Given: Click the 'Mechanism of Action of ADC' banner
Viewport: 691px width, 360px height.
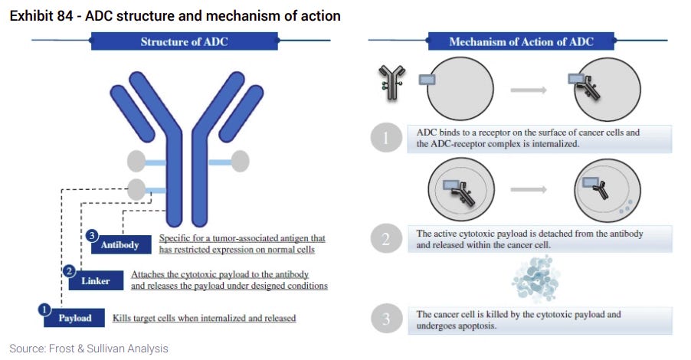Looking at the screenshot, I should pos(521,41).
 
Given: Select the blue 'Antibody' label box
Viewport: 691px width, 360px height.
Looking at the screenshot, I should pos(120,245).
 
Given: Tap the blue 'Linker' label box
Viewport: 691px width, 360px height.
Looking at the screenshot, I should pos(95,281).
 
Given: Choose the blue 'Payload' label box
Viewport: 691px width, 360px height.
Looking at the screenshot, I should pos(74,318).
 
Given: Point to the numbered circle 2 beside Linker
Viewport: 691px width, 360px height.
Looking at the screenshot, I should pos(69,270).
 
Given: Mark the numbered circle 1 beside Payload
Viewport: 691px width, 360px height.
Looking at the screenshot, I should pos(44,308).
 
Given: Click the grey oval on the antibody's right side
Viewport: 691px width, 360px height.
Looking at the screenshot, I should pos(240,161).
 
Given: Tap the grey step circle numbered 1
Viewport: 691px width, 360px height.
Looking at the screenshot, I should pos(386,139).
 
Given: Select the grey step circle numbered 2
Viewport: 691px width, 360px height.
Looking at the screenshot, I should pos(386,239).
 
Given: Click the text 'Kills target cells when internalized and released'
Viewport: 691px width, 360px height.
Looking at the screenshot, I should pos(204,318).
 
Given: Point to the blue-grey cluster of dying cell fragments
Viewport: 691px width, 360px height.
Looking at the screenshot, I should pos(537,280).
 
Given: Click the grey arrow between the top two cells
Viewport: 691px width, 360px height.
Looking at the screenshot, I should pos(529,90).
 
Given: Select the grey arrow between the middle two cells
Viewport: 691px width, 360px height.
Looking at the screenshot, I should pos(529,188).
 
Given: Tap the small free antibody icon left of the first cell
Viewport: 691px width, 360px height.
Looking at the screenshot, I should pos(391,81).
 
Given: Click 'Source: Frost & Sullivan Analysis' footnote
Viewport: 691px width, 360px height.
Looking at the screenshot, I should pos(89,349).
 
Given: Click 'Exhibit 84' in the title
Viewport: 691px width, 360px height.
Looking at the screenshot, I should pos(42,16).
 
